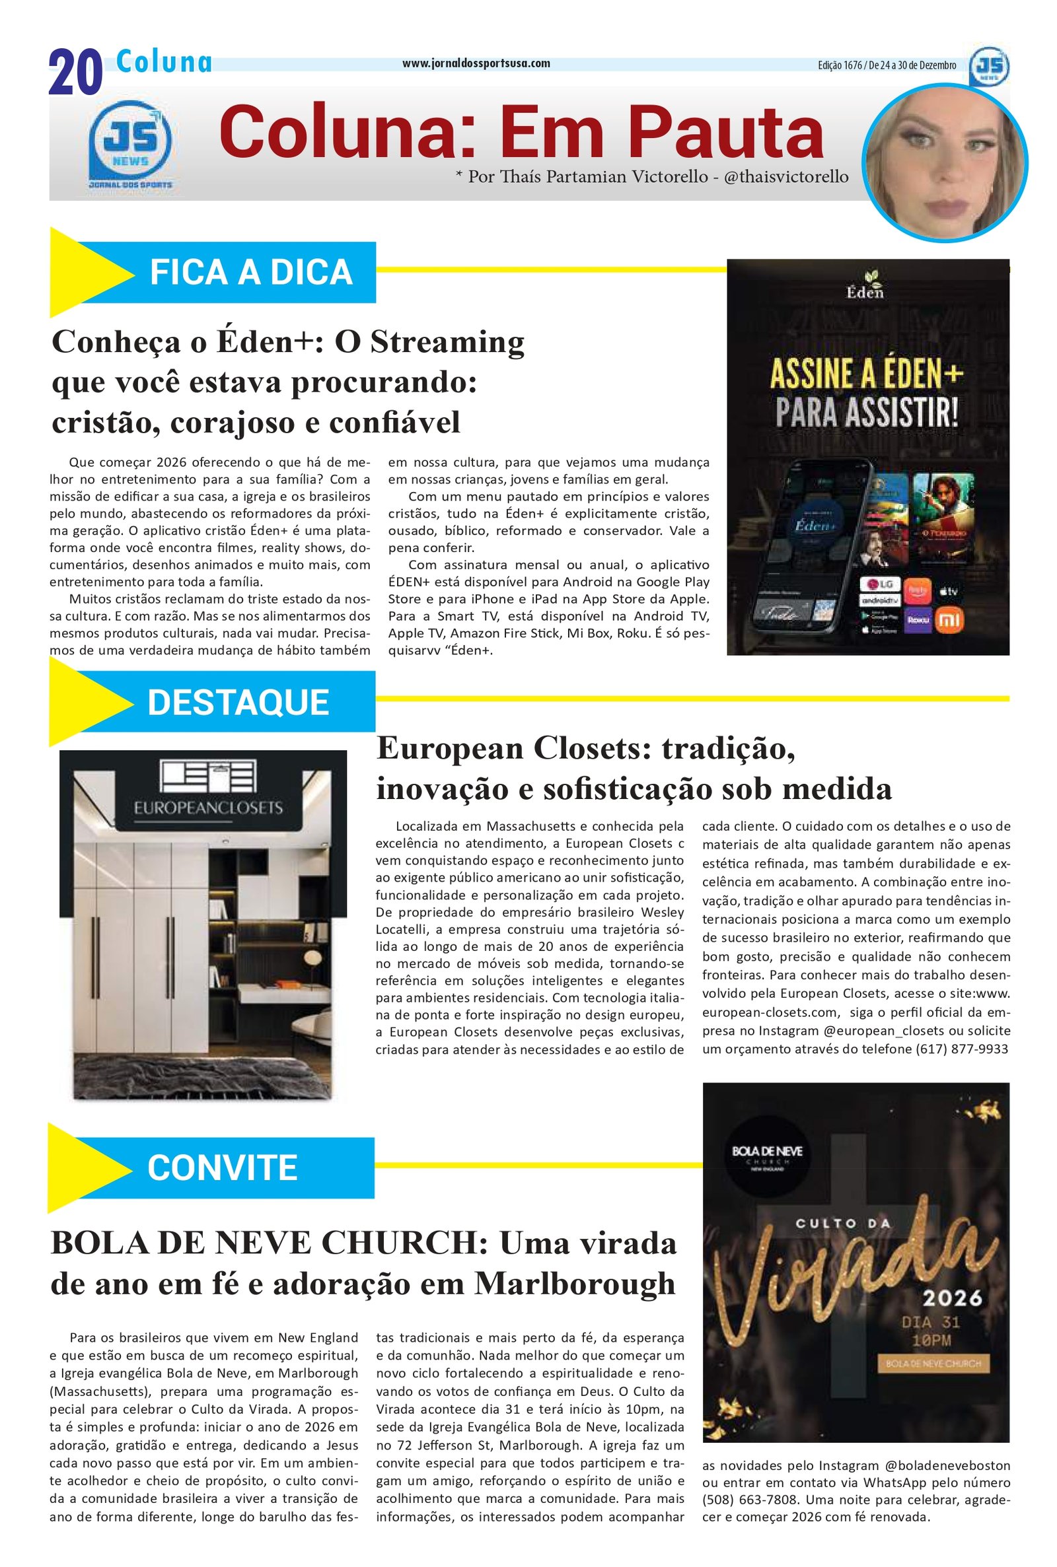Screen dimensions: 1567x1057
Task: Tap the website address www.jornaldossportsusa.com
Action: pos(476,63)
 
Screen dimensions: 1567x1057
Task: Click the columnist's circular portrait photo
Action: pos(945,162)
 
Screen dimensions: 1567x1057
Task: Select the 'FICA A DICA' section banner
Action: pos(251,272)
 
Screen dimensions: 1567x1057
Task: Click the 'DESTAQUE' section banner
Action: pos(238,702)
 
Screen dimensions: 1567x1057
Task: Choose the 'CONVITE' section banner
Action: pos(222,1167)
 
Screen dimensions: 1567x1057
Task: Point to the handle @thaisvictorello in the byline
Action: pos(786,176)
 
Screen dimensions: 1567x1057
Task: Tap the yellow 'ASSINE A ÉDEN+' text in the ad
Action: pos(867,374)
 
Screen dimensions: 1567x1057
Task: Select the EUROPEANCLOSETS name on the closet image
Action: pos(207,807)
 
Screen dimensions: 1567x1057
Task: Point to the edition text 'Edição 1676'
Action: pos(839,65)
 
